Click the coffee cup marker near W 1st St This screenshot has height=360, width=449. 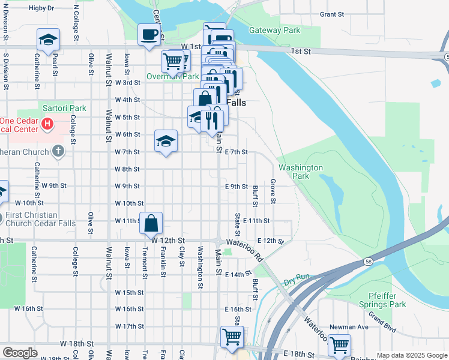[x=149, y=35]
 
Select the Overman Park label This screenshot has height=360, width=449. [x=172, y=77]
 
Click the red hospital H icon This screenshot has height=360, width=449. [x=49, y=125]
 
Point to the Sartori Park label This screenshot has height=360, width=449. [x=64, y=109]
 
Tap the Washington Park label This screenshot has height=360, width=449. [x=300, y=172]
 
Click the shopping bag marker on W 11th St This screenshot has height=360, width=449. [x=152, y=223]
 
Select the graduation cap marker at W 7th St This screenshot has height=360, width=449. [x=166, y=141]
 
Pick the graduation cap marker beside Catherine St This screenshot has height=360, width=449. [x=48, y=40]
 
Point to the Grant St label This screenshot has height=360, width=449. [x=331, y=14]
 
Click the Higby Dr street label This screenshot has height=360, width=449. [x=41, y=8]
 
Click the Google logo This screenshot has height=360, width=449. [x=20, y=353]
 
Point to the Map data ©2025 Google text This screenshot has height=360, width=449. [x=411, y=355]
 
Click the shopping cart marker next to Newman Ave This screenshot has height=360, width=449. [x=339, y=345]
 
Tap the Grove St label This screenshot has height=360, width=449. [x=273, y=191]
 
